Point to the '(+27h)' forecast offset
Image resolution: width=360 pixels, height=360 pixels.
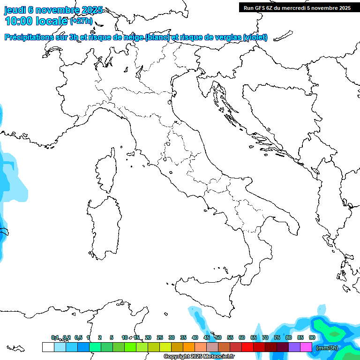[81, 22]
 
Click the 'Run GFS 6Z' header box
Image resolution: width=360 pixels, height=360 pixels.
[297, 7]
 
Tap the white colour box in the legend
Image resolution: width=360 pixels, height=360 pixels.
[48, 347]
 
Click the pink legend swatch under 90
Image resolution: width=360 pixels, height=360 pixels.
[306, 347]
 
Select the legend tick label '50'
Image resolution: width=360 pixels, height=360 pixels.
[218, 337]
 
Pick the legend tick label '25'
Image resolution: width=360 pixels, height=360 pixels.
[160, 337]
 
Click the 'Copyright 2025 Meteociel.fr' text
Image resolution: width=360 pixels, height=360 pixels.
[199, 356]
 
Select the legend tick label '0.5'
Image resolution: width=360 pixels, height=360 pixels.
[78, 337]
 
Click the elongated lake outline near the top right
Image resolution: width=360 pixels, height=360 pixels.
[283, 36]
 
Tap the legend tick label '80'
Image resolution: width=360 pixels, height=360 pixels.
[289, 337]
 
